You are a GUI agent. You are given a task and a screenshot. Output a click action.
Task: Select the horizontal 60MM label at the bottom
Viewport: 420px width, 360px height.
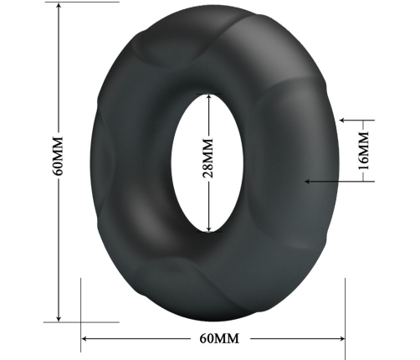pos(219,338)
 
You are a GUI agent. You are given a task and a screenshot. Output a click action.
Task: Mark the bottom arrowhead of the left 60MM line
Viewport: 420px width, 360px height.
pos(59,318)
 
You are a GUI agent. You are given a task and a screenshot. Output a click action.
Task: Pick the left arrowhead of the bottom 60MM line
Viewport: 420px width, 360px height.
pos(85,338)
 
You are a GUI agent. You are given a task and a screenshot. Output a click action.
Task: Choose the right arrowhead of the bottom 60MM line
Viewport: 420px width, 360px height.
pos(342,338)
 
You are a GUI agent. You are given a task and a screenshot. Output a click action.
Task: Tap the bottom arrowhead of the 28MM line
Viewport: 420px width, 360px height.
pos(211,229)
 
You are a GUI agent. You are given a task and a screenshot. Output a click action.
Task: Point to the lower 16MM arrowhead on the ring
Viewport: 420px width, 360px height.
pos(308,180)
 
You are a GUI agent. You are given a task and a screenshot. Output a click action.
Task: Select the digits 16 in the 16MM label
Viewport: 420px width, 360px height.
pos(363,164)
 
